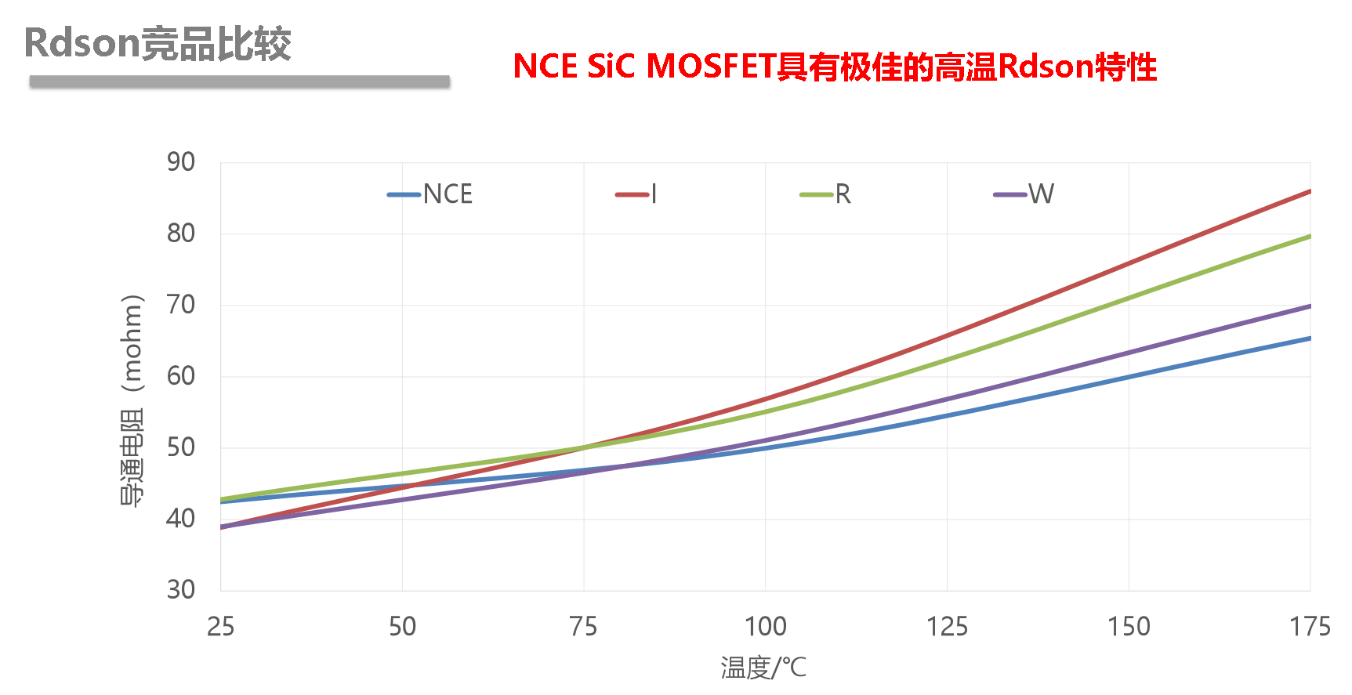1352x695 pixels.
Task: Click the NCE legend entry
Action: point(432,194)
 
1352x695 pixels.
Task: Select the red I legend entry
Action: point(636,194)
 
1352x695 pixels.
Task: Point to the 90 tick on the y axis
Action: point(181,162)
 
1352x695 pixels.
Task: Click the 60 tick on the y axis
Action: point(181,376)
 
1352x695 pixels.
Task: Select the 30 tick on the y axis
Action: point(181,589)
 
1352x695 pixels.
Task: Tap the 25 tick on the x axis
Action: point(221,627)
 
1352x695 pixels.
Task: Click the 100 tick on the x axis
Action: point(765,627)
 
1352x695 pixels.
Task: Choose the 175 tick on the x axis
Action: point(1310,627)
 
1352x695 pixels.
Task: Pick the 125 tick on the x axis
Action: point(947,627)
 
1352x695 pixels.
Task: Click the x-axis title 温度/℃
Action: point(763,668)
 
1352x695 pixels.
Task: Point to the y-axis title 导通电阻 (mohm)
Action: point(132,400)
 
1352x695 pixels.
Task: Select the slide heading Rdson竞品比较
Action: point(158,43)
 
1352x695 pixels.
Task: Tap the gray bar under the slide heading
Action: point(239,81)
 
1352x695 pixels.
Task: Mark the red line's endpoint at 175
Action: point(1309,191)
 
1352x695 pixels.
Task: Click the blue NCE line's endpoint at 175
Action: point(1309,338)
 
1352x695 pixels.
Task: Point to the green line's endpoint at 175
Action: point(1309,236)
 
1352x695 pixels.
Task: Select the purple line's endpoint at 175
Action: point(1309,306)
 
